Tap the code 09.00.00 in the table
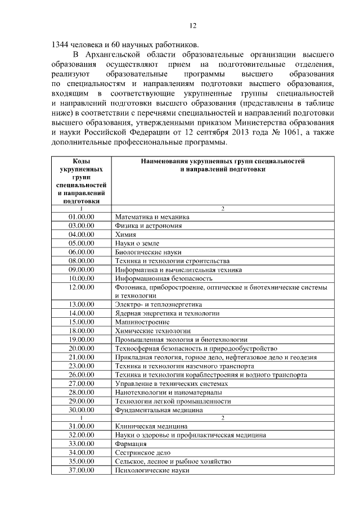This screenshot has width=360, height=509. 81,269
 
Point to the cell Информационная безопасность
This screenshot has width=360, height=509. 164,278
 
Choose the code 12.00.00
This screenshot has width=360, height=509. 81,287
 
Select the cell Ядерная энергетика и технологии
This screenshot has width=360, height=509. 167,313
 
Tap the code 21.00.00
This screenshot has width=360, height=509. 81,357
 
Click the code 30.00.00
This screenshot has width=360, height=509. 81,409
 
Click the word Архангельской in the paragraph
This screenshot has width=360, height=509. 122,55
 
